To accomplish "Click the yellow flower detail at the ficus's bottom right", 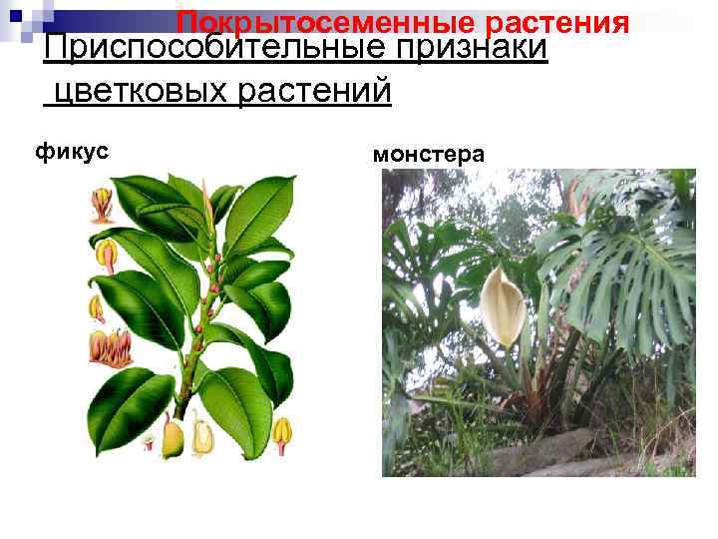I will point(283,431).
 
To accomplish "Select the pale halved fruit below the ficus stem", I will point(204,435).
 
